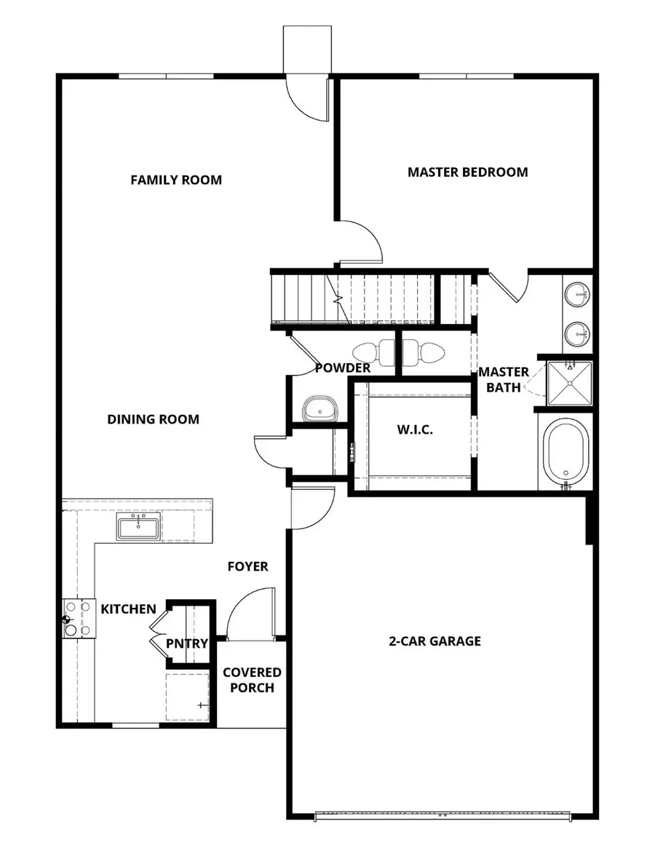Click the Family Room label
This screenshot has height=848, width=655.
coord(176,180)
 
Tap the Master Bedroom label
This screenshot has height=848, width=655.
coord(467,173)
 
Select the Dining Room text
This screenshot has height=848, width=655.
coord(153,419)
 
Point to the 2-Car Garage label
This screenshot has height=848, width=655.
coord(434,641)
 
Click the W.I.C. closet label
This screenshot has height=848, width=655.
coord(415,430)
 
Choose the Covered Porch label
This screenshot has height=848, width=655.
coord(252,680)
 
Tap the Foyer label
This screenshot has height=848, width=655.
coord(247,566)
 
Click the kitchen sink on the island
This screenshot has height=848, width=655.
coord(138,526)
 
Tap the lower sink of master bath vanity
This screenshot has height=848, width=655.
coord(579,333)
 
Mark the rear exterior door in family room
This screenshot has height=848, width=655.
coord(307,98)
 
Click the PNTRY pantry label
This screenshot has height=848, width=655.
coord(187,643)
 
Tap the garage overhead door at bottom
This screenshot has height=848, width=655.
coord(442,815)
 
